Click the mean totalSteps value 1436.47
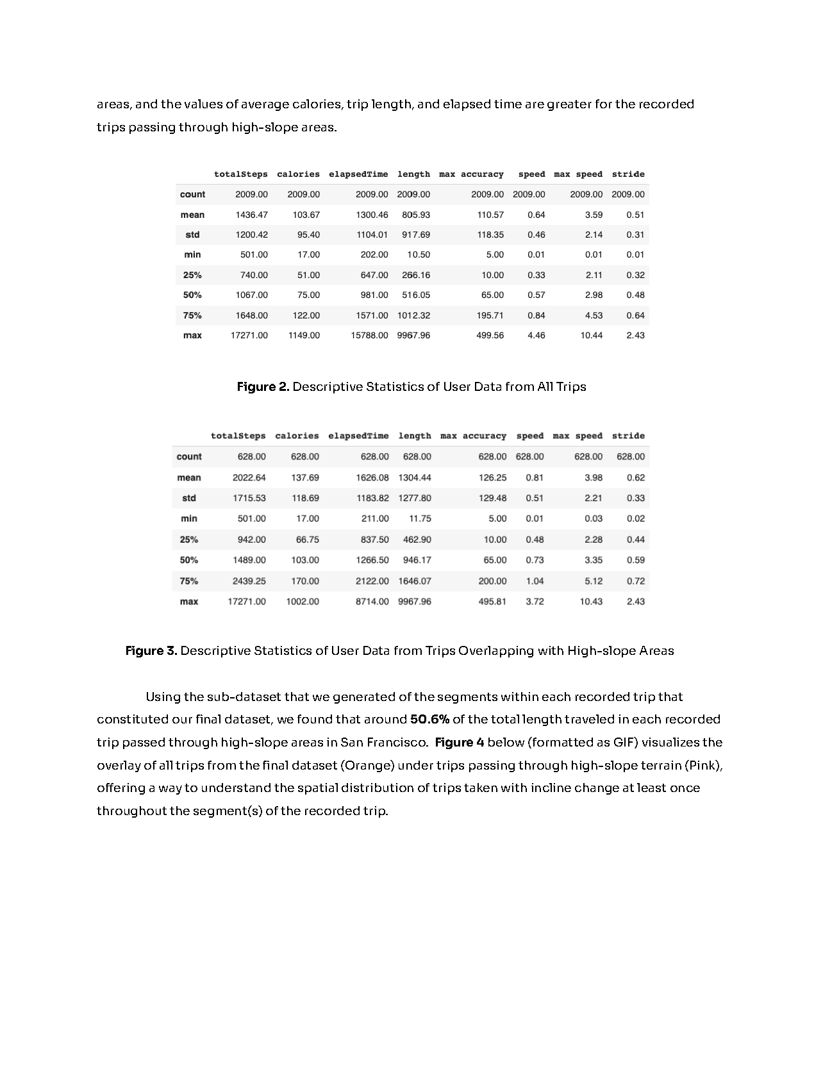click(251, 215)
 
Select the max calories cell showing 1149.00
click(304, 335)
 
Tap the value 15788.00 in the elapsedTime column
click(369, 335)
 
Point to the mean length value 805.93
click(416, 215)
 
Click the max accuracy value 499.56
click(490, 335)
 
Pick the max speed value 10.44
click(591, 335)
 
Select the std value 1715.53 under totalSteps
click(249, 498)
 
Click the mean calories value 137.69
click(305, 477)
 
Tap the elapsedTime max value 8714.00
click(372, 602)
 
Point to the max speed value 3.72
click(535, 602)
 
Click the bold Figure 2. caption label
click(263, 386)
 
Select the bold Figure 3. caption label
click(151, 651)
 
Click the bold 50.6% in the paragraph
click(429, 719)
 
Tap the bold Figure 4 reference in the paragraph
click(459, 742)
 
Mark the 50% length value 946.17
click(417, 560)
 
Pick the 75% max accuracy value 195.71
click(490, 315)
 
